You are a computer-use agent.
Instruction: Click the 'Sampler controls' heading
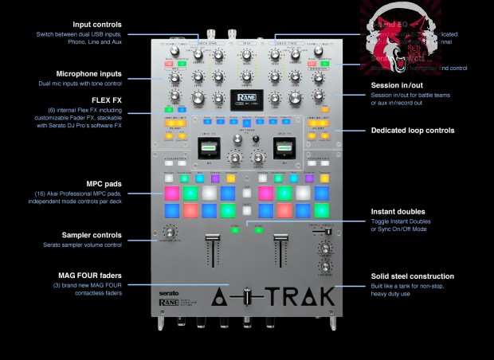92,235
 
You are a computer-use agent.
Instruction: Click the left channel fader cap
213,239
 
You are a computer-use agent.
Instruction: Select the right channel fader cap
281,239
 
